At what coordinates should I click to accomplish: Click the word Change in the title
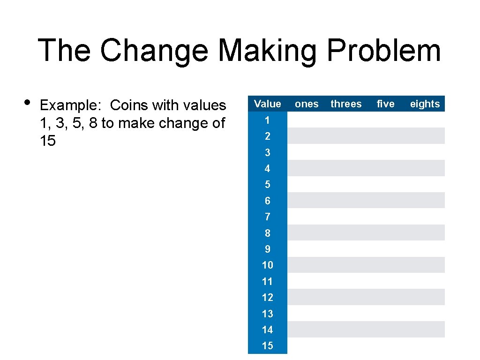(x=154, y=50)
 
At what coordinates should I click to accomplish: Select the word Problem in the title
(x=383, y=50)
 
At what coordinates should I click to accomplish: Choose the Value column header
(x=267, y=104)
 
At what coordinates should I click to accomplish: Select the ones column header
(x=307, y=104)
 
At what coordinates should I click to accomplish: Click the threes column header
(x=346, y=104)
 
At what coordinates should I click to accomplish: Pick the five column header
(x=385, y=104)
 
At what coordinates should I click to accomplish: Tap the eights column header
(x=425, y=104)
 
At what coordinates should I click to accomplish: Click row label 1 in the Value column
(x=267, y=120)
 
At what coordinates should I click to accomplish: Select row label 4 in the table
(x=267, y=168)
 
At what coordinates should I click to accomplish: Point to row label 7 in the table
(x=267, y=217)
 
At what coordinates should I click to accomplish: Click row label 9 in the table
(x=267, y=249)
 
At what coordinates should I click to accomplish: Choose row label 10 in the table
(x=267, y=265)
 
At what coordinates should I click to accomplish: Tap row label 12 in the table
(x=267, y=297)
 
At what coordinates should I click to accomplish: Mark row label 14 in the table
(x=267, y=330)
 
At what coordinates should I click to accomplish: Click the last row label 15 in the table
(x=267, y=345)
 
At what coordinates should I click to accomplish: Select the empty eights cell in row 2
(x=425, y=136)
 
